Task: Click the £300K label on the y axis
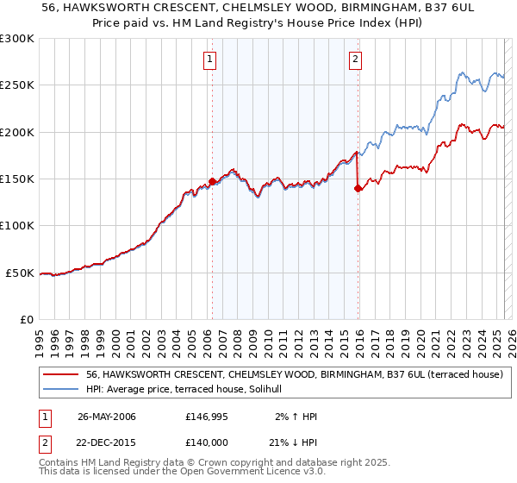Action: click(x=17, y=39)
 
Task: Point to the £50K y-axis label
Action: click(x=21, y=273)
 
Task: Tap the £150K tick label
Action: click(x=17, y=179)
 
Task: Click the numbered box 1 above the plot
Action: click(x=210, y=60)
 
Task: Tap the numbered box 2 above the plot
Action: click(x=355, y=60)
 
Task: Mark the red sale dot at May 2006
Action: click(x=212, y=182)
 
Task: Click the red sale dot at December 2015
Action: click(x=358, y=189)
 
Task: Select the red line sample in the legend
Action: click(x=62, y=375)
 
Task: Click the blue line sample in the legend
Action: click(x=62, y=390)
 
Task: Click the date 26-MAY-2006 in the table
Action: click(x=107, y=417)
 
